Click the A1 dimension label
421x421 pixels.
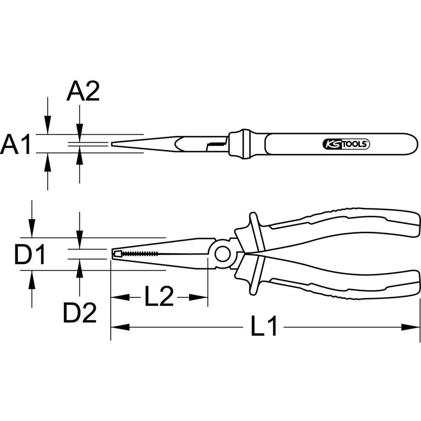coord(16,144)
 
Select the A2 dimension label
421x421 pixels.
coord(83,92)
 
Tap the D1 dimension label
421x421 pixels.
coord(30,255)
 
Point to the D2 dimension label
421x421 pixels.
coord(80,312)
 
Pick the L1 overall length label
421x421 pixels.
coord(264,327)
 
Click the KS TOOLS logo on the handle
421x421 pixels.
coord(346,144)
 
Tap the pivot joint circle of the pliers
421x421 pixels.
coord(222,254)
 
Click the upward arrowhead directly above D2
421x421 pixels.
coord(80,267)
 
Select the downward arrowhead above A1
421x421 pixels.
coord(48,128)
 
